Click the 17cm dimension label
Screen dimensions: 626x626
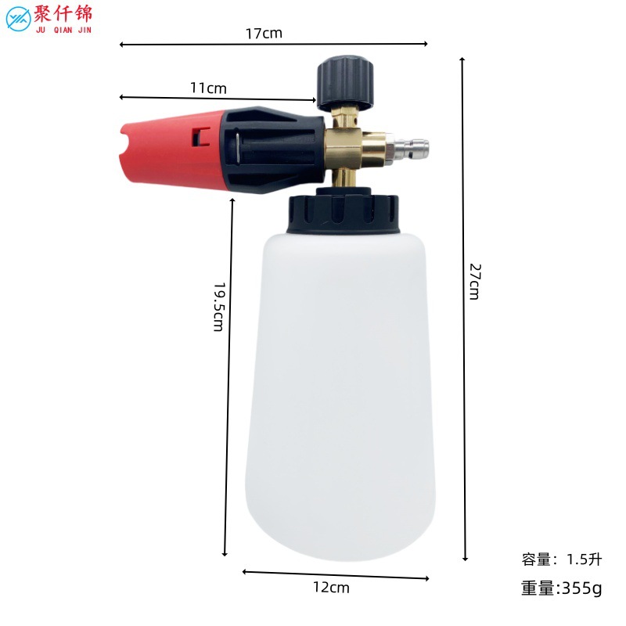coord(263,33)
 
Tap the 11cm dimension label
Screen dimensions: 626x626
coord(209,88)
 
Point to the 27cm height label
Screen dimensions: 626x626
coord(475,280)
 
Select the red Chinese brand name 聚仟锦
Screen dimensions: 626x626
coord(64,14)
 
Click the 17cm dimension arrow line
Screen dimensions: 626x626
coord(352,44)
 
